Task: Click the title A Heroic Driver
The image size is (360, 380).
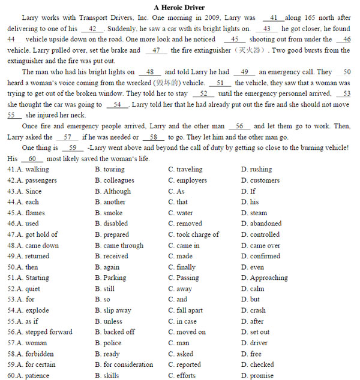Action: (x=179, y=7)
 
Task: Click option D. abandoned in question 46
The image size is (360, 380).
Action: (x=261, y=224)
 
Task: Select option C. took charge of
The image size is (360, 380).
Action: (x=193, y=234)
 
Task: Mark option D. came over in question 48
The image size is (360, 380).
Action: (x=260, y=245)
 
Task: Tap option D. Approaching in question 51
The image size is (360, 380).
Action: (x=264, y=278)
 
